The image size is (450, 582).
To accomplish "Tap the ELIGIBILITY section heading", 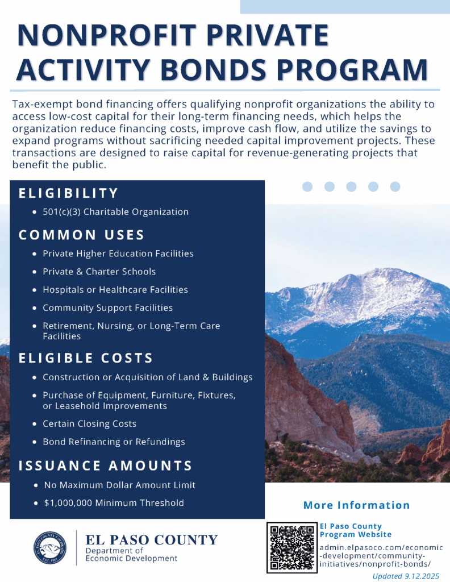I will (69, 193).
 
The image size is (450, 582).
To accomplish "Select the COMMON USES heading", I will (82, 235).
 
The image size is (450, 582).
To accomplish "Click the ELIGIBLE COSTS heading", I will (86, 358).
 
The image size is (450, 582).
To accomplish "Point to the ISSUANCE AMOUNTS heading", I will (106, 465).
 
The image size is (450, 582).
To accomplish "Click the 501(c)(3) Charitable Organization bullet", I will (115, 212).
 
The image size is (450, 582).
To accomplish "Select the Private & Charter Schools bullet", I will (99, 272).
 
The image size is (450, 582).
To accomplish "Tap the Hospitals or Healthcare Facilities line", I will (115, 290).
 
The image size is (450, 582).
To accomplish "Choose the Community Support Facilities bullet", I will (107, 308).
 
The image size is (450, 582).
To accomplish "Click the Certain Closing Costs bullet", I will (89, 424).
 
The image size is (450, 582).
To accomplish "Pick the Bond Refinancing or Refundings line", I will (114, 442).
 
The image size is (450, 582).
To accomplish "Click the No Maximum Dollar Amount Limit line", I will (120, 485).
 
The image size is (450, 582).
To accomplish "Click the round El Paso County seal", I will (52, 547).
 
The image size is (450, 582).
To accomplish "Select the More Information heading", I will (356, 505).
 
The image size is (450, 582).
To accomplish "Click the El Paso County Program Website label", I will (356, 530).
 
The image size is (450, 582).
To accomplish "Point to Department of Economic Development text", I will (131, 554).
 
